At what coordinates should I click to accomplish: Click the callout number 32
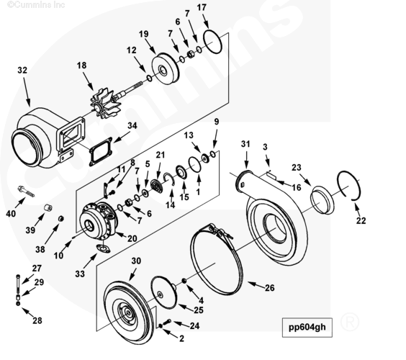point(22,70)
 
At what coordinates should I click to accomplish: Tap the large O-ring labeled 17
point(213,42)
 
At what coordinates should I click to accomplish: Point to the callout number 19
point(144,34)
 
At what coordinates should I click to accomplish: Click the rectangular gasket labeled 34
point(101,151)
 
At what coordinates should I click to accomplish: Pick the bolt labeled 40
point(26,192)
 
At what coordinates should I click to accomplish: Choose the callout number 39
point(30,230)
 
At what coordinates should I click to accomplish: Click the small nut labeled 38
point(61,218)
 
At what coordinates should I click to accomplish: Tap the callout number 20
point(132,238)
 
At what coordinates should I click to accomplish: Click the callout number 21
point(161,155)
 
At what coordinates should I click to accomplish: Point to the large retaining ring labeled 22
point(348,185)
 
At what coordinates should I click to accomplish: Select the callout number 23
point(297,168)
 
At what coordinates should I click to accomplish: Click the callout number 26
point(269,288)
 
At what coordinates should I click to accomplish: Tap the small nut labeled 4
point(184,281)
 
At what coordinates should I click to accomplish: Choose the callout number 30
point(136,261)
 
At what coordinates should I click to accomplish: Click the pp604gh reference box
point(307,328)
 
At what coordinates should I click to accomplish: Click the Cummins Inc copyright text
point(36,4)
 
